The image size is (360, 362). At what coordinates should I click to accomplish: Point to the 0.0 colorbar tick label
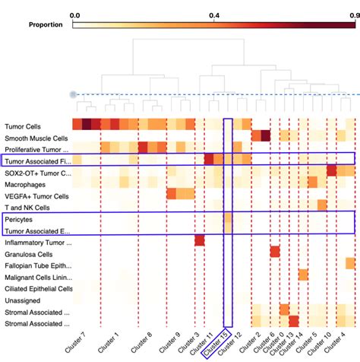pos(74,14)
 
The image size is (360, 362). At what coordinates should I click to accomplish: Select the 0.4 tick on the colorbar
pos(214,14)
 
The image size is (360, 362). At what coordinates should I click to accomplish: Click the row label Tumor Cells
pos(23,126)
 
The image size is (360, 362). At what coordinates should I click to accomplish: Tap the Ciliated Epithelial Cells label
pos(38,289)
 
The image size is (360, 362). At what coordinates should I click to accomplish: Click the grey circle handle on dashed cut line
pos(73,94)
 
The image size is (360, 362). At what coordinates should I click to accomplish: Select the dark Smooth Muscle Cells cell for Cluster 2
pos(267,136)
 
